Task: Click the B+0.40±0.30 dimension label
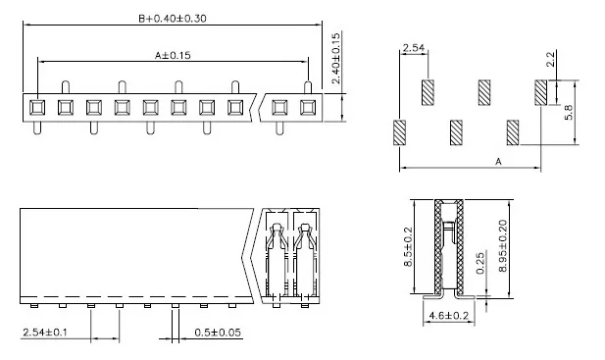coord(173,18)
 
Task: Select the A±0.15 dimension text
coord(173,55)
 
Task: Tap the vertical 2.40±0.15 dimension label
coord(336,58)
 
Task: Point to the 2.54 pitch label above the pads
coord(413,48)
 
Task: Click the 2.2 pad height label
coord(551,59)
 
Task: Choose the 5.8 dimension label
coord(569,112)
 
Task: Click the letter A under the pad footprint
coord(498,161)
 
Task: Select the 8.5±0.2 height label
coord(408,247)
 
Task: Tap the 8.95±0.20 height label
coord(503,246)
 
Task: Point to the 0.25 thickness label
coord(480,263)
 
